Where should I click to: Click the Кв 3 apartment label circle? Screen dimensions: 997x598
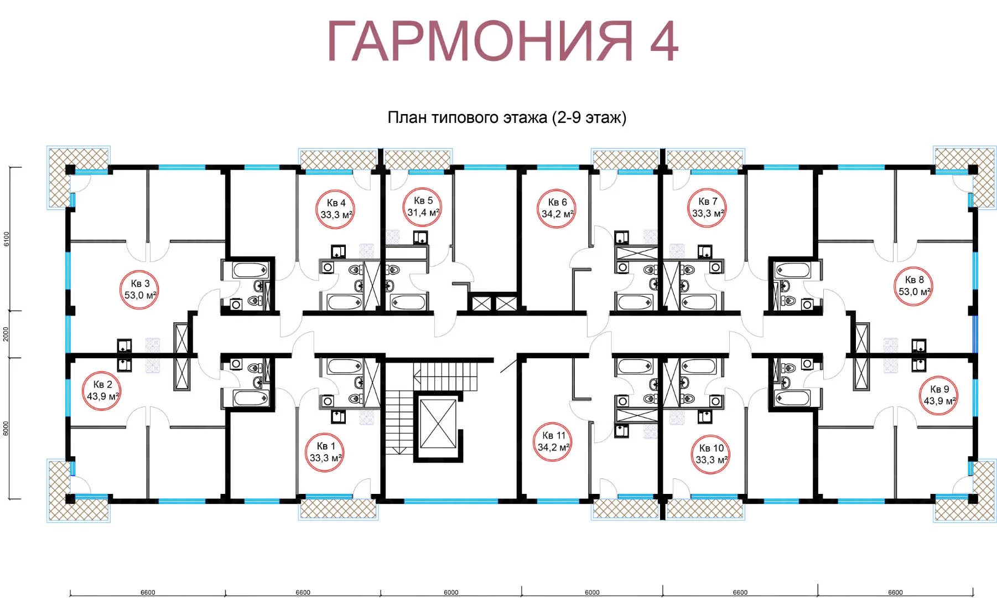(140, 289)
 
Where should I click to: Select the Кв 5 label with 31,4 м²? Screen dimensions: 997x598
(422, 207)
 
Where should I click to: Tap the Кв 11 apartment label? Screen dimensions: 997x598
(553, 441)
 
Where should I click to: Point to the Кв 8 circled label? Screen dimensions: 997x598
(915, 286)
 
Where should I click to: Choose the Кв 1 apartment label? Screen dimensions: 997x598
(325, 452)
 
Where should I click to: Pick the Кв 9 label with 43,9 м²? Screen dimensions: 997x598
(939, 395)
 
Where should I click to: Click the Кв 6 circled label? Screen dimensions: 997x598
(557, 208)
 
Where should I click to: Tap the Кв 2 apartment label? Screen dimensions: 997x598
(102, 390)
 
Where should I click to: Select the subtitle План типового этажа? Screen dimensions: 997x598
(467, 117)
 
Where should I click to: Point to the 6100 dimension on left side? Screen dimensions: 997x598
(7, 239)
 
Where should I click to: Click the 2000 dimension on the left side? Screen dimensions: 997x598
(7, 334)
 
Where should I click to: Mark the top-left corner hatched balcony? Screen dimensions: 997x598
(78, 177)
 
